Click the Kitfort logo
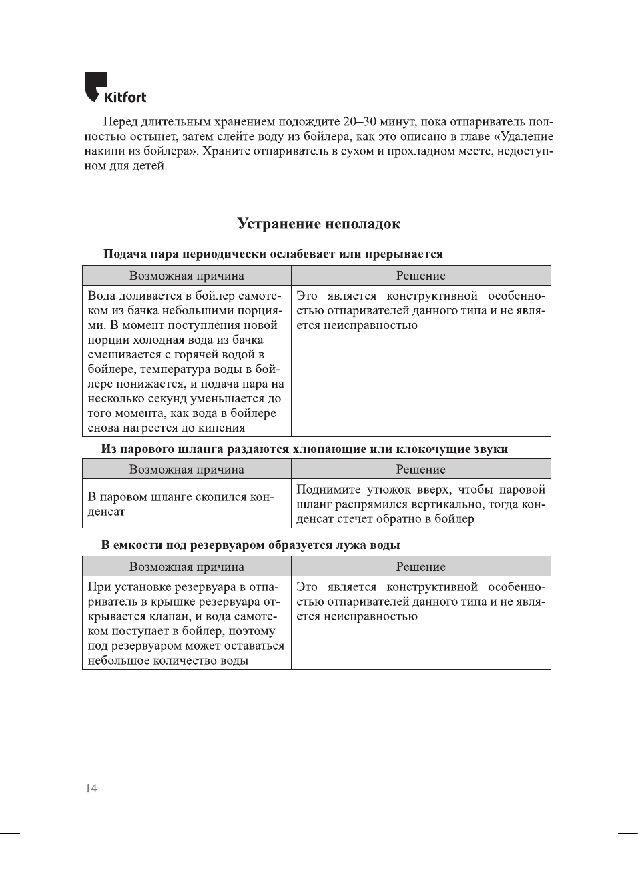115,88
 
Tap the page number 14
91,788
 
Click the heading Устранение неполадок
319,224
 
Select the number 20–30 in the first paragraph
360,121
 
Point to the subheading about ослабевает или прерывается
273,254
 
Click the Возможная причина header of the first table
187,276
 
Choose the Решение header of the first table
420,276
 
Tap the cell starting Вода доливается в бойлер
186,361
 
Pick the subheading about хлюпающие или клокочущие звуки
304,449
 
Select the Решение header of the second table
420,469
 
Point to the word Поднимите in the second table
328,489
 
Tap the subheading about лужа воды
250,545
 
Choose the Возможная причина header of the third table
187,566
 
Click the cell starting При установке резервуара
186,623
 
